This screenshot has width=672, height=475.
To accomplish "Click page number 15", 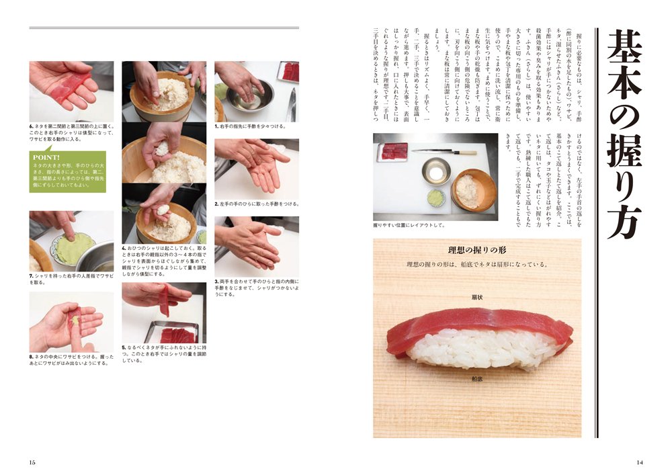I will click(32, 462).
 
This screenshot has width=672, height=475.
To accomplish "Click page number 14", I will click(639, 462).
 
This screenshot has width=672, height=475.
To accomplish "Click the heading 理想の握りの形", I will click(476, 250).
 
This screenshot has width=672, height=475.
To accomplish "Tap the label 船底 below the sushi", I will click(477, 380).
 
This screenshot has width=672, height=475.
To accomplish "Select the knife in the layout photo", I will click(444, 152).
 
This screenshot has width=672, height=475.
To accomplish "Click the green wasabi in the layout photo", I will click(436, 198).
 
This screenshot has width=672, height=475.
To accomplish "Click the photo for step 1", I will click(256, 91).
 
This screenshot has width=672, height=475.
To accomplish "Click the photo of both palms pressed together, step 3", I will click(256, 245).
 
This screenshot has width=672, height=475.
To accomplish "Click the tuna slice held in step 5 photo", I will click(163, 300).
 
